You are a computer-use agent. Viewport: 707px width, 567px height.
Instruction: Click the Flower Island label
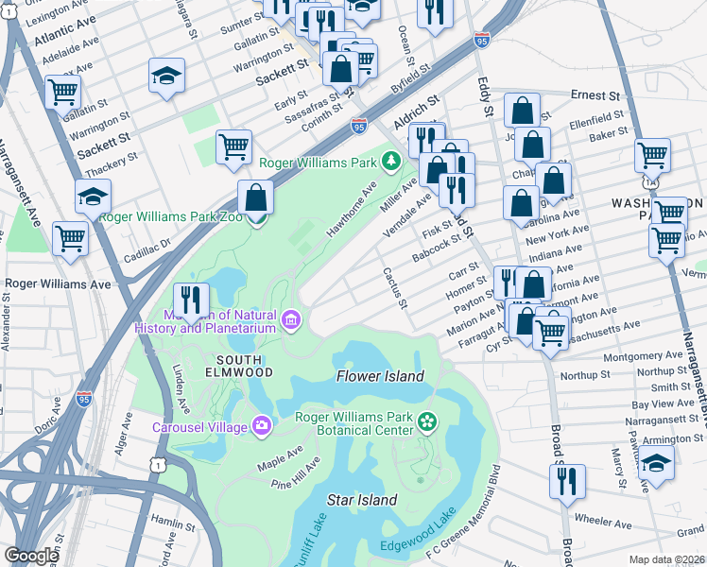tap(381, 376)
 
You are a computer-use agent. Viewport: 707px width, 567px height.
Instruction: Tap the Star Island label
tap(361, 499)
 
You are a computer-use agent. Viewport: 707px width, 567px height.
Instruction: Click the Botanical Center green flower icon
tap(427, 421)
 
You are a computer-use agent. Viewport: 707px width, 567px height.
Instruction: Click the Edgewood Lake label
tap(418, 546)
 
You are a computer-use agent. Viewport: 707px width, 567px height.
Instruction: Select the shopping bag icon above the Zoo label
tap(255, 198)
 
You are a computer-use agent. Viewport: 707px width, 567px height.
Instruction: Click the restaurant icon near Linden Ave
tap(192, 300)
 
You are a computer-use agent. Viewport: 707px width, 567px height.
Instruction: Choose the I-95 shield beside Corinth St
tap(358, 125)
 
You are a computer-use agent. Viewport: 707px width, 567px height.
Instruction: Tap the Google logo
tap(31, 557)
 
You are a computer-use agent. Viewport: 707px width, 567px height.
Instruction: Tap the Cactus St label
tap(395, 287)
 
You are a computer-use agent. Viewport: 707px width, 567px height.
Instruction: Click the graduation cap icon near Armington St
tap(656, 465)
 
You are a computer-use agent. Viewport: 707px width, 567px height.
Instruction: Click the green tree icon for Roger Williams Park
tap(391, 161)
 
